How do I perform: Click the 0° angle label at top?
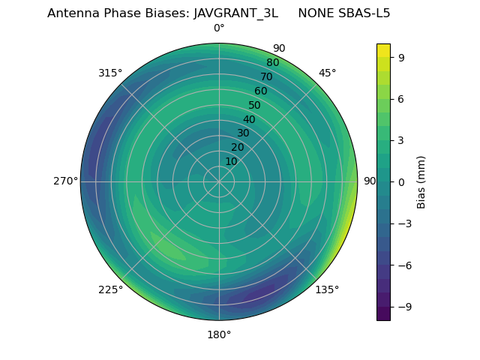click(219, 28)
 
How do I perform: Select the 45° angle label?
click(327, 73)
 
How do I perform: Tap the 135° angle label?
click(327, 289)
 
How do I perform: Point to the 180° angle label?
click(219, 334)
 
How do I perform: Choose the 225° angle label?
click(110, 289)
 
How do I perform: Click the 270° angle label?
click(65, 181)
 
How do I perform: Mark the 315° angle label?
click(110, 73)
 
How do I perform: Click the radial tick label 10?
click(232, 161)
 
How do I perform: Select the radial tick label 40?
click(249, 119)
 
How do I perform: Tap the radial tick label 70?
click(266, 76)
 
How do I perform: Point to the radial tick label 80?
click(272, 63)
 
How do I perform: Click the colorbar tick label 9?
click(401, 57)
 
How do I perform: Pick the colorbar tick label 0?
click(401, 182)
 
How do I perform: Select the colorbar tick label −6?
click(404, 265)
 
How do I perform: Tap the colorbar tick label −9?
click(404, 307)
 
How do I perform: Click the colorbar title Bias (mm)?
click(421, 182)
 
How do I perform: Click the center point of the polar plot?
click(219, 181)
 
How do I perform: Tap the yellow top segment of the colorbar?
click(383, 50)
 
